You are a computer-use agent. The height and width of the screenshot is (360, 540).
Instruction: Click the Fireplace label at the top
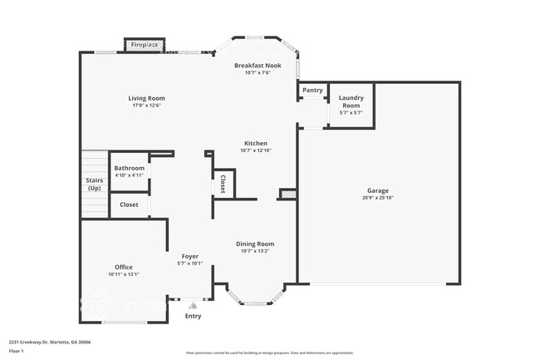point(145,45)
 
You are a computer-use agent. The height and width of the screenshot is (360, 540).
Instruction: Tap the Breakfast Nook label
point(258,65)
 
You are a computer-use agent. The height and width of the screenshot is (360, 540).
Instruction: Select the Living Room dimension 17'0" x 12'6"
point(145,106)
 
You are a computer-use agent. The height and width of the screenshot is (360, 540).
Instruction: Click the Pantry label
point(312,90)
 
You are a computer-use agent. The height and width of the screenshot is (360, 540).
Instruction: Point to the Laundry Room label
point(351,101)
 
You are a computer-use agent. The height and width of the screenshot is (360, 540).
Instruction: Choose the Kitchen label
point(256,143)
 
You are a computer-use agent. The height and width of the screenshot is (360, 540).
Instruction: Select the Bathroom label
point(129,168)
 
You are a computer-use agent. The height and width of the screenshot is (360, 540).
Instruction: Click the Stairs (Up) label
point(94,185)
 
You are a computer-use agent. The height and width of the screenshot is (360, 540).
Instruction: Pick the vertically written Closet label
point(223,185)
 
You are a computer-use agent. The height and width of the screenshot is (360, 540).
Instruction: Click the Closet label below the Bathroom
point(129,205)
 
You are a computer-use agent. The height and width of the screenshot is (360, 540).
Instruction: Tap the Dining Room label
point(255,243)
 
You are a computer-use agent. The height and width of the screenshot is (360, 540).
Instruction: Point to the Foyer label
point(189,256)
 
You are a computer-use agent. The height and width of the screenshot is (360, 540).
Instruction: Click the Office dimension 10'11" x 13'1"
point(124,274)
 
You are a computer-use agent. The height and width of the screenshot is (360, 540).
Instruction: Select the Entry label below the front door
point(193,316)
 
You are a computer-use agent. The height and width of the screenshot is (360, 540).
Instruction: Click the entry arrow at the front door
point(193,305)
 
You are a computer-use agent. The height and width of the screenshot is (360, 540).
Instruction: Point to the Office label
point(124,267)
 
